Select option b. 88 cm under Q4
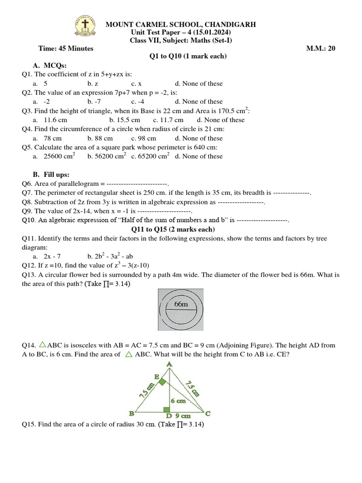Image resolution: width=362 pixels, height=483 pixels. (100, 138)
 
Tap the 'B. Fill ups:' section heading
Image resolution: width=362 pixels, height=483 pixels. (52, 175)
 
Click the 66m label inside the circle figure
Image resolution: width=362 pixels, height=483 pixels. (181, 304)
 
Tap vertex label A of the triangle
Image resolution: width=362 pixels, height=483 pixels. (169, 364)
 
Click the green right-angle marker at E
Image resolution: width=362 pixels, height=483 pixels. (162, 382)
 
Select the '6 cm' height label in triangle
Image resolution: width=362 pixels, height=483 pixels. (178, 401)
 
